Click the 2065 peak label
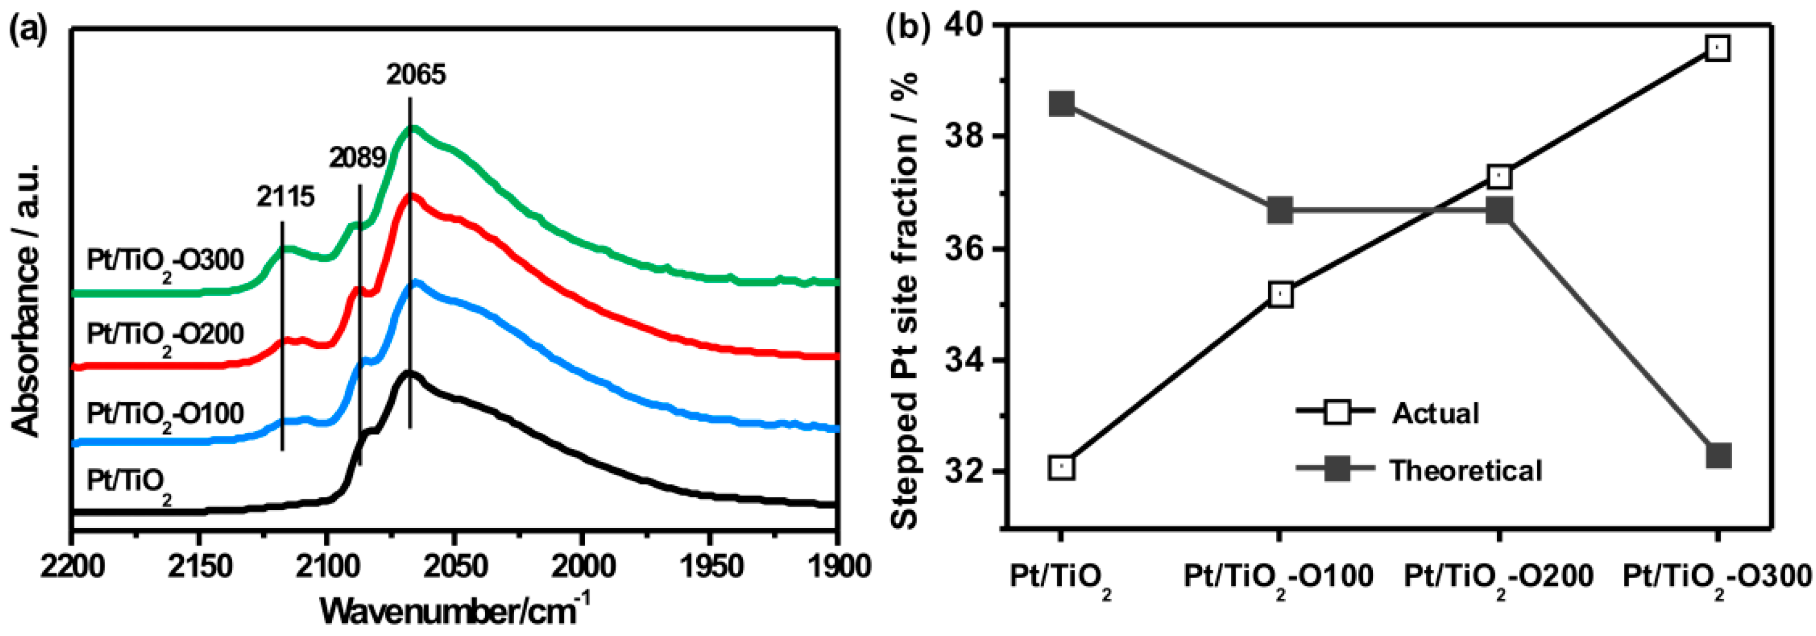pos(416,74)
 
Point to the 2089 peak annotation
pos(358,158)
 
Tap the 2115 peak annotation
pos(285,197)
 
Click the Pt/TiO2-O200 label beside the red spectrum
pos(165,335)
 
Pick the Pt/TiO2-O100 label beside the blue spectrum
pos(165,414)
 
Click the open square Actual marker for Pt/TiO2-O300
pos(1717,48)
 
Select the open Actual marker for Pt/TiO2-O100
pos(1280,295)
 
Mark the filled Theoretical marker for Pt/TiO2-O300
pos(1718,456)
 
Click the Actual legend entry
pos(1435,413)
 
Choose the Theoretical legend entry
pos(1465,470)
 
